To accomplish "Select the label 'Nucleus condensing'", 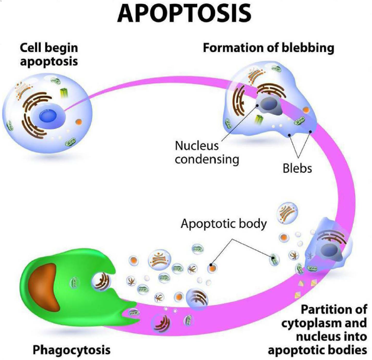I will coord(197,153).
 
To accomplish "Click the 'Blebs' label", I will coord(297,168).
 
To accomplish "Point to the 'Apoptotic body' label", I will coord(223,224).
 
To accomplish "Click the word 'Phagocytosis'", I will coord(72,349).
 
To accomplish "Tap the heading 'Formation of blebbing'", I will coord(268,48).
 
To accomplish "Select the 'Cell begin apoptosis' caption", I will coord(49,54).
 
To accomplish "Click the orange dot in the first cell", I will coord(78,123).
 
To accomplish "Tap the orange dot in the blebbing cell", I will coord(306,110).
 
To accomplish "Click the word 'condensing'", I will coord(207,159).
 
